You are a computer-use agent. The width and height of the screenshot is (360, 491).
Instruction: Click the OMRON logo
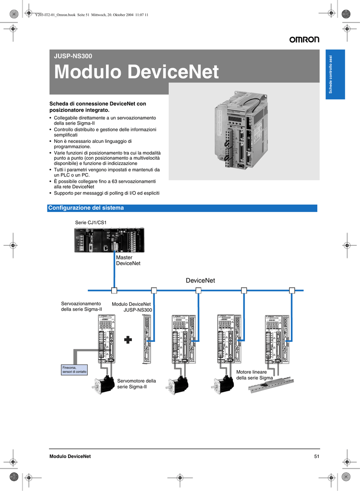[303, 40]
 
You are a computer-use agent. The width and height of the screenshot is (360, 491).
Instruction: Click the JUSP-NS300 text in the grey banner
[73, 56]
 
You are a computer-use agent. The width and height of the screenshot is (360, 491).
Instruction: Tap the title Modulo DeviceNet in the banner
[137, 72]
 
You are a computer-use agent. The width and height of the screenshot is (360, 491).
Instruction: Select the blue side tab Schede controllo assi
[336, 74]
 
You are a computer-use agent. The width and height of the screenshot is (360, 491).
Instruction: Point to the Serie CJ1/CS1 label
[91, 222]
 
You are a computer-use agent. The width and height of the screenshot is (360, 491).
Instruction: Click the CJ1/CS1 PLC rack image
[109, 239]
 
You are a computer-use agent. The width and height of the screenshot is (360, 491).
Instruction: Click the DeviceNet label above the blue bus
[200, 281]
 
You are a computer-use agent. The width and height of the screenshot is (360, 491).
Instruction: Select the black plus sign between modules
[128, 340]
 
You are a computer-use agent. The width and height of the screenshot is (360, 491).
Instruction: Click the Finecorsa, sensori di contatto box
[74, 370]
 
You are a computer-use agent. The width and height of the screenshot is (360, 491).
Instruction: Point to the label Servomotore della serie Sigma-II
[137, 384]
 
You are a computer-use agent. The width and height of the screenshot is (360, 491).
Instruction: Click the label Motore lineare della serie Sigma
[254, 375]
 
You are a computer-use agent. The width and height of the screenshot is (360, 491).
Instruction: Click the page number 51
[316, 456]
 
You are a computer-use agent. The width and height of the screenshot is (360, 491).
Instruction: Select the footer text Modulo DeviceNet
[70, 456]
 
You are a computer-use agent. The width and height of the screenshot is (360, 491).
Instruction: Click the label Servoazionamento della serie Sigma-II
[81, 306]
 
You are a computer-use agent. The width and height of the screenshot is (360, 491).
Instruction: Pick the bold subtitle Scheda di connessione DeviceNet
[98, 107]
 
